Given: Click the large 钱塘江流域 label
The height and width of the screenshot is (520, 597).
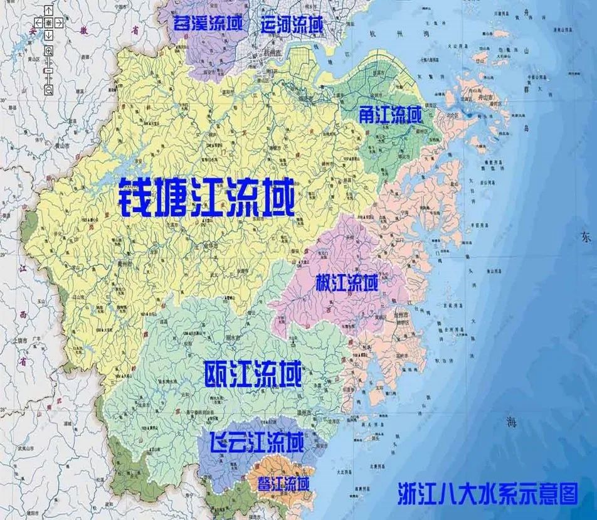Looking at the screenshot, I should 206,197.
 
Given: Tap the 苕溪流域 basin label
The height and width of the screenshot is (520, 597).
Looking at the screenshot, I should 208,26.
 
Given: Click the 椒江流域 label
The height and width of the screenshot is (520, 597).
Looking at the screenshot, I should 347,283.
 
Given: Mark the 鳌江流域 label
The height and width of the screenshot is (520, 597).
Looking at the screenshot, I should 283,484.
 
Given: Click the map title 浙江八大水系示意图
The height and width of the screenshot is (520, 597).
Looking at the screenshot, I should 487,494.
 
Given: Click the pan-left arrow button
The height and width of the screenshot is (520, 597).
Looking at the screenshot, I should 39,23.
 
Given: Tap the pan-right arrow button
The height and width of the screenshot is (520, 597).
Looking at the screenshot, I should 58,23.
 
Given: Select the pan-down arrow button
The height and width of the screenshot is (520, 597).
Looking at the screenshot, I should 48,33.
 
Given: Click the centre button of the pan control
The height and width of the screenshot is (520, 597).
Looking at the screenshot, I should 48,23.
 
